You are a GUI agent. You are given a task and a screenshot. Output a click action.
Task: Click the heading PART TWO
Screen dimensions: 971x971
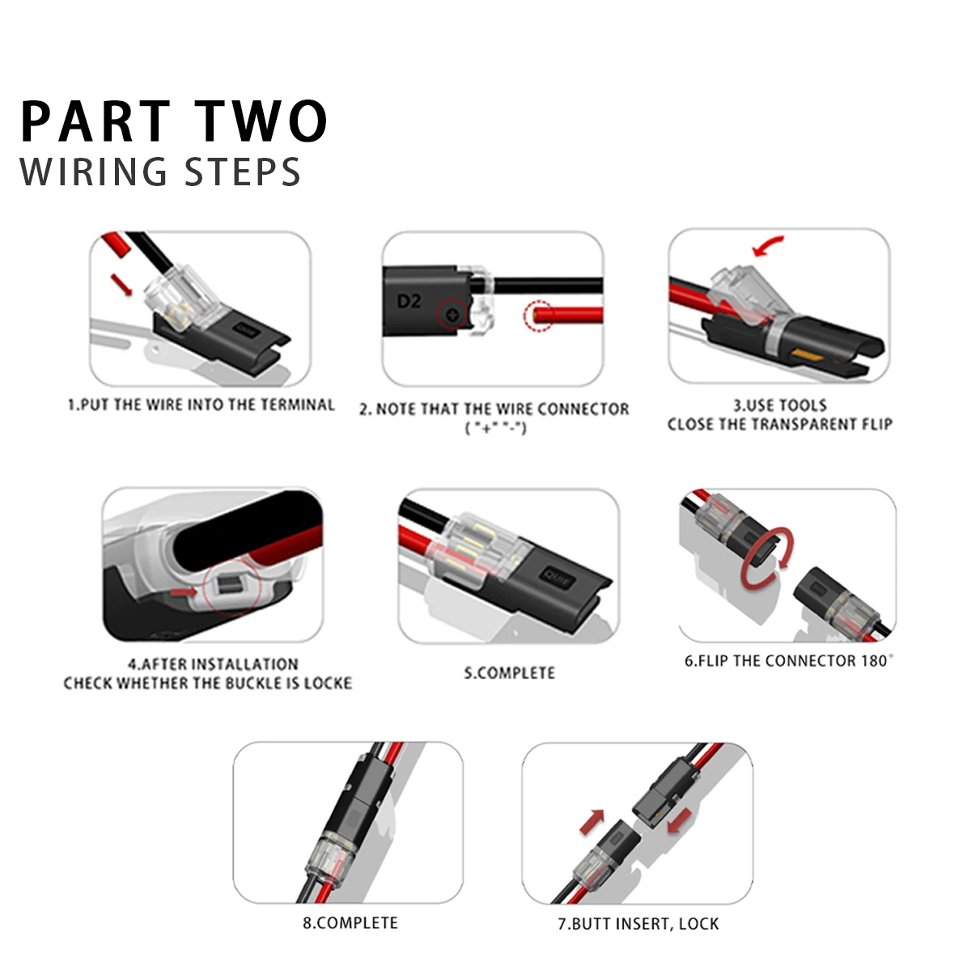[174, 121]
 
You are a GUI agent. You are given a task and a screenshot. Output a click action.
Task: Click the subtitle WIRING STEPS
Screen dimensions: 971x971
[160, 172]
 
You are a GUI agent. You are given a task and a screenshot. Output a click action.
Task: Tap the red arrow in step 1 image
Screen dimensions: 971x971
[120, 284]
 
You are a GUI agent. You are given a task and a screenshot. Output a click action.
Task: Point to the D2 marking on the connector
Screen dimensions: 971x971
[409, 301]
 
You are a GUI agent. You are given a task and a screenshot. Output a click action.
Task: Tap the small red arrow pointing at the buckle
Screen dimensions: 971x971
[184, 593]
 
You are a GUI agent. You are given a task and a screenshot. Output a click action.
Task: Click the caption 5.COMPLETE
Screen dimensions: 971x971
[509, 672]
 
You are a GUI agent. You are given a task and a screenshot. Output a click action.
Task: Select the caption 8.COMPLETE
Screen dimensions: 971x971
[350, 922]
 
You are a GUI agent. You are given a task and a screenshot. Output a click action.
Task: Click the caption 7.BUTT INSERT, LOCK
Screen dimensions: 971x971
[638, 923]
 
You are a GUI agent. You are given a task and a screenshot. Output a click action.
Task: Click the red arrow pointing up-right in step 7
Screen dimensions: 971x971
[593, 820]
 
